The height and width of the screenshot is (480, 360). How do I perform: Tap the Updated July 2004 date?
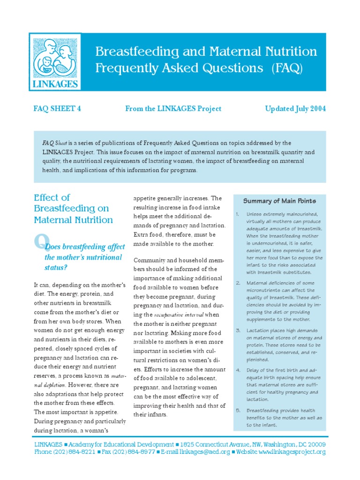click(295, 109)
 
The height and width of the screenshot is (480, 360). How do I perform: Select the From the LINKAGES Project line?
click(173, 109)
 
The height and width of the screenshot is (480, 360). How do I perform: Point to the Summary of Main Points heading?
click(279, 201)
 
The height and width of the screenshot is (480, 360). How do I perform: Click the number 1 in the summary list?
click(238, 214)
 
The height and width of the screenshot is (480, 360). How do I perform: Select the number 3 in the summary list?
click(238, 330)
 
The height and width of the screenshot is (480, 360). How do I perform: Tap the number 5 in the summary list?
click(238, 410)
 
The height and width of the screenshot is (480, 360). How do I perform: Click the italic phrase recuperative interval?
click(176, 315)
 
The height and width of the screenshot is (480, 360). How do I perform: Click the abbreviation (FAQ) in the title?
click(287, 68)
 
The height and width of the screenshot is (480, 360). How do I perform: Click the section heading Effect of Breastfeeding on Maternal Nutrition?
click(73, 209)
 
